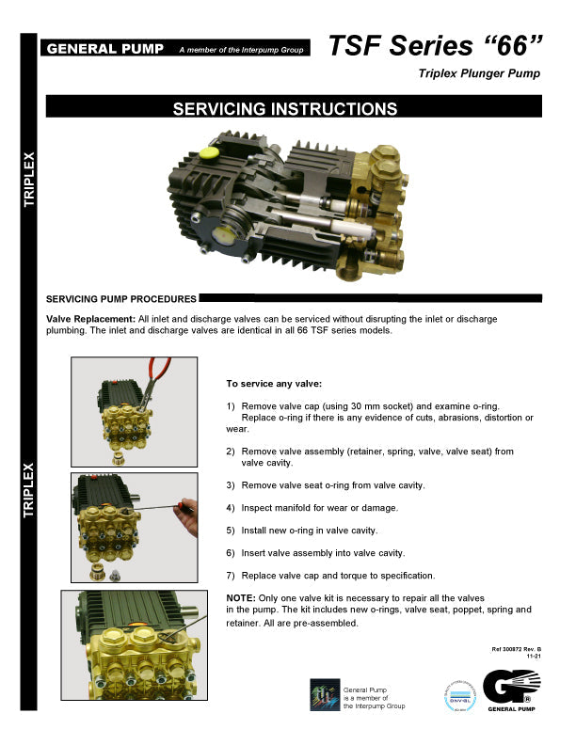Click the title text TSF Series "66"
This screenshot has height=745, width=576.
(x=437, y=45)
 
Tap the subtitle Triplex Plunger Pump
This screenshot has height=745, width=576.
(x=479, y=74)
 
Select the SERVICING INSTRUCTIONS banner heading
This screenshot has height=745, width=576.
(x=284, y=109)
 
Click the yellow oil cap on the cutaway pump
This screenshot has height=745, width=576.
(x=209, y=152)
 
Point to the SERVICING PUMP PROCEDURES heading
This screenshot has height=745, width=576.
(x=120, y=299)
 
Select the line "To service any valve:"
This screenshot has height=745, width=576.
(x=274, y=384)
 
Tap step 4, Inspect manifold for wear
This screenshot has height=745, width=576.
(x=311, y=508)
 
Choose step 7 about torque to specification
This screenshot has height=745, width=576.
(x=329, y=575)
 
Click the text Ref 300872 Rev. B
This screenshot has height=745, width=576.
(x=517, y=649)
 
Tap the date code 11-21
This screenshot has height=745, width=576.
(x=534, y=658)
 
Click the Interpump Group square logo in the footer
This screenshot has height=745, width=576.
(x=324, y=695)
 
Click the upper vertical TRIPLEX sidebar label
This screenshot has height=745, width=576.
(x=29, y=178)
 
